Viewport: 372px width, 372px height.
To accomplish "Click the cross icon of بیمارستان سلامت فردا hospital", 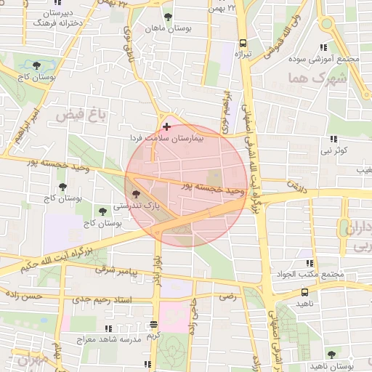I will coord(168,126).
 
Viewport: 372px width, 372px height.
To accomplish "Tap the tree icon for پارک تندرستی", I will coord(136,193).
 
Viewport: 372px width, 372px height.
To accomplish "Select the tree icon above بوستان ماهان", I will coord(169,16).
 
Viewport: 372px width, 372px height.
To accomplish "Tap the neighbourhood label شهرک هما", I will coord(309,77).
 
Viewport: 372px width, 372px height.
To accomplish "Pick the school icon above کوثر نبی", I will coord(333,138).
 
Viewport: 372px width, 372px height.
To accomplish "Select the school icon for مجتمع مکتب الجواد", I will coord(310,263).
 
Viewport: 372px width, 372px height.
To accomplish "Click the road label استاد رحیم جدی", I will coord(102,298).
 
